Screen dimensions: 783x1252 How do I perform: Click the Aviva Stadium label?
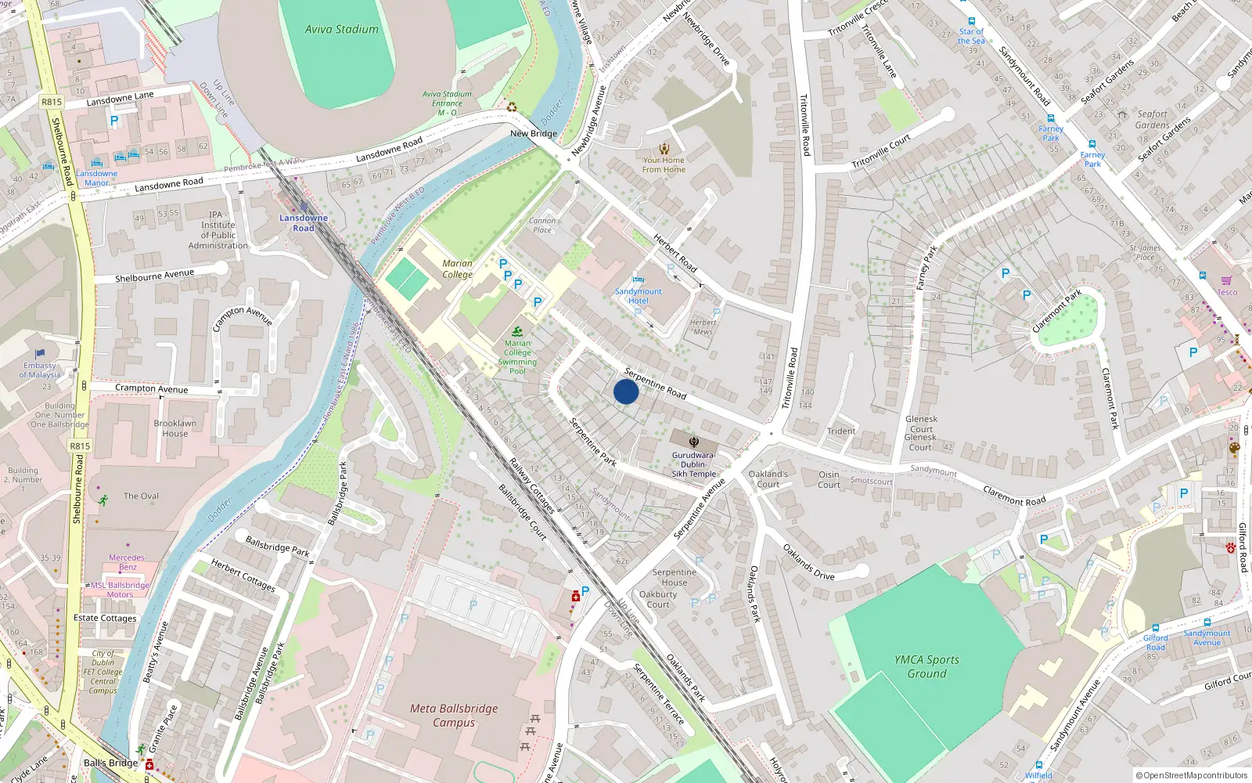[x=341, y=30]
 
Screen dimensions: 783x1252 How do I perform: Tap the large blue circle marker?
[x=626, y=391]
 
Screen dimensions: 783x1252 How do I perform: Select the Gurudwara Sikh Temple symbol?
[x=693, y=442]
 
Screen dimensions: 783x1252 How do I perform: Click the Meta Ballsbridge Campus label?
[x=454, y=715]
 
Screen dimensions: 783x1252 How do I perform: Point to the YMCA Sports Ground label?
[x=926, y=666]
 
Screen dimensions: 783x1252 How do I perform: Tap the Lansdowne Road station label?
[x=304, y=223]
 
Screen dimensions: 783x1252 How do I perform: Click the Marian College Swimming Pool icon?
[x=516, y=332]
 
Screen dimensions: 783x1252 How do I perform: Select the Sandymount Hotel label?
[x=638, y=296]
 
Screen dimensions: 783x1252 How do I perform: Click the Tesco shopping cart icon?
[x=1226, y=280]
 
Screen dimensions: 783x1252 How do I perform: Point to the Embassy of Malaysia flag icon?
[x=40, y=354]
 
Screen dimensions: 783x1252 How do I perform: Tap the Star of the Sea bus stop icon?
[x=971, y=22]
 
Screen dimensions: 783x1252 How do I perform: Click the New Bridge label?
[x=534, y=134]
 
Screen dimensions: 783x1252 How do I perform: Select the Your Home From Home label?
[x=664, y=164]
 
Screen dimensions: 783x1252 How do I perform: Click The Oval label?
[x=141, y=496]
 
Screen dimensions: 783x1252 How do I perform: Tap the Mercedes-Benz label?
[x=128, y=562]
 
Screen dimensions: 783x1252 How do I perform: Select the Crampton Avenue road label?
[x=152, y=388]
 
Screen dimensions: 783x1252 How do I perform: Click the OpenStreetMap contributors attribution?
[x=1191, y=776]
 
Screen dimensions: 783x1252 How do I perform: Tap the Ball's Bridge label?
[x=110, y=763]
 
